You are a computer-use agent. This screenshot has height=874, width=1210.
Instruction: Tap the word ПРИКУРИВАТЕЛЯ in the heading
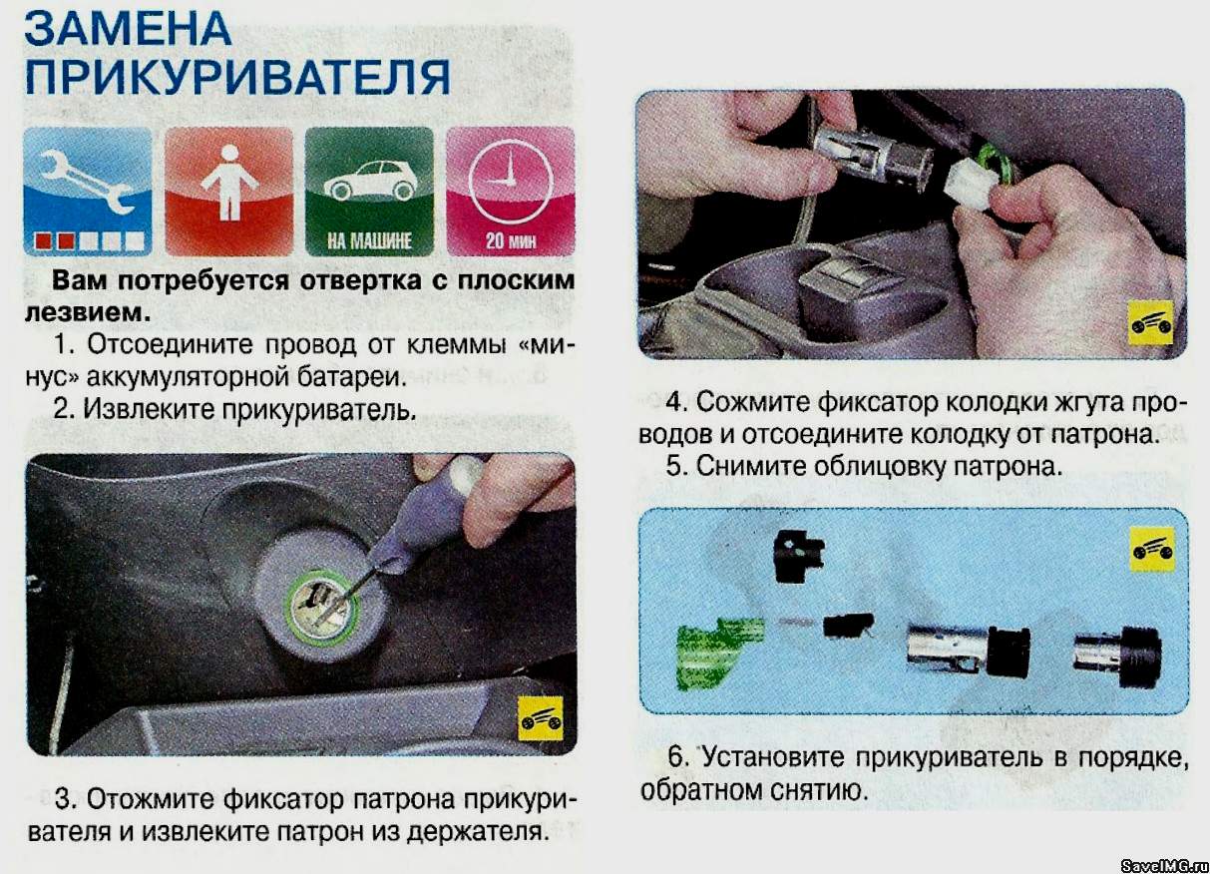(237, 77)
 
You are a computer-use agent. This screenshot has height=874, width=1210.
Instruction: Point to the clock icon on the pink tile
(511, 180)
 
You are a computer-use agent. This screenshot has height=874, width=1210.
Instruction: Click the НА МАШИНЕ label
(369, 240)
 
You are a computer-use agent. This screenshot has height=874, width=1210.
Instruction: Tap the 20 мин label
(511, 240)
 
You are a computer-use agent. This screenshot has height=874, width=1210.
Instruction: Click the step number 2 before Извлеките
(63, 409)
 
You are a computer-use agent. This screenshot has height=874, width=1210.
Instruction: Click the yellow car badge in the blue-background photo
(1152, 550)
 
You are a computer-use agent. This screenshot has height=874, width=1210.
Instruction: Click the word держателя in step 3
(474, 832)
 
